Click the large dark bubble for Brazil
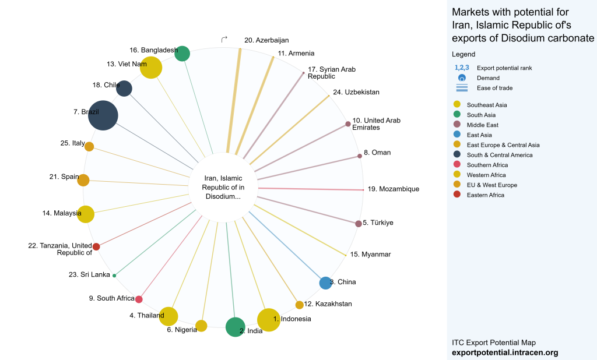tap(103, 115)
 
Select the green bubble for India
tap(235, 327)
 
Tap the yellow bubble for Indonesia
tap(269, 319)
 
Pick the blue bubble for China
tap(325, 283)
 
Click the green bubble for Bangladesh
tap(182, 54)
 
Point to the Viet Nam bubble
tap(152, 68)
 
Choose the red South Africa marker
tap(139, 299)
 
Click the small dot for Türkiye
tap(358, 224)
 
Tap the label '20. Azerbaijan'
tap(266, 41)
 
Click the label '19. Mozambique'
tap(393, 189)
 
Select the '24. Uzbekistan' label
tap(356, 93)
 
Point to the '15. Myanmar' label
tap(370, 255)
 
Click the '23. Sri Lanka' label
tap(89, 274)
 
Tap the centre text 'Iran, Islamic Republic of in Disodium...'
tap(223, 187)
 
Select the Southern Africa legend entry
tap(487, 165)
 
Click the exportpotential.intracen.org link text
tap(505, 352)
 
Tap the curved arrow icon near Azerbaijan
tap(224, 39)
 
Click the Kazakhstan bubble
tap(300, 305)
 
